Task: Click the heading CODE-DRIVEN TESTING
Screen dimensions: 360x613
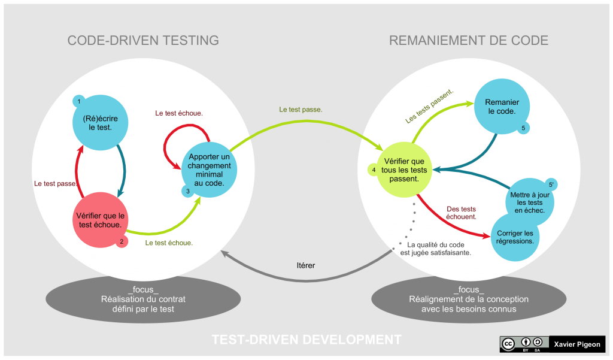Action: (x=143, y=41)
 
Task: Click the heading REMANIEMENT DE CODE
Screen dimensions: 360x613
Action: (x=469, y=41)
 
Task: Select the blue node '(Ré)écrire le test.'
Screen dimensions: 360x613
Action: (x=101, y=123)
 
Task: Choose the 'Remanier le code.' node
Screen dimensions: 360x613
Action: (x=502, y=107)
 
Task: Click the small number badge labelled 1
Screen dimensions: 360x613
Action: (x=78, y=102)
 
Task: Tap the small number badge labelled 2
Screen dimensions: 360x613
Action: (x=122, y=241)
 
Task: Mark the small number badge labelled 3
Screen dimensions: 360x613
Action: (x=187, y=190)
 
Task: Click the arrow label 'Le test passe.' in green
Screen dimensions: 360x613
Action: (x=301, y=110)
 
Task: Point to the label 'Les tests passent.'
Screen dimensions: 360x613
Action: (x=429, y=107)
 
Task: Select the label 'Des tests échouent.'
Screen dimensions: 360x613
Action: (x=462, y=213)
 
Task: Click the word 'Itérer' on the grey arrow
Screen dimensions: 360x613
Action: (x=306, y=265)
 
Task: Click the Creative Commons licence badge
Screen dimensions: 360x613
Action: (x=523, y=344)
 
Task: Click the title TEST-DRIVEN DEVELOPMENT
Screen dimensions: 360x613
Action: (x=306, y=340)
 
